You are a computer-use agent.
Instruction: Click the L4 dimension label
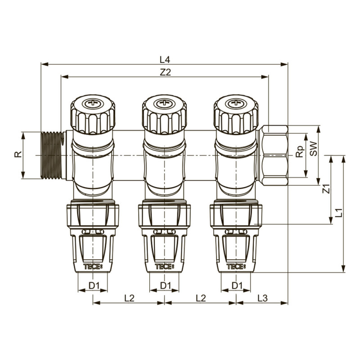[x=164, y=59]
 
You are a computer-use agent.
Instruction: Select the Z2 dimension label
[x=166, y=72]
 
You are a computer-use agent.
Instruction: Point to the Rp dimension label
[x=299, y=153]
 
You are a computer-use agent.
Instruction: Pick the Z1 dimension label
[x=327, y=189]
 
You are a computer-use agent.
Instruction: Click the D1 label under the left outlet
[x=93, y=285]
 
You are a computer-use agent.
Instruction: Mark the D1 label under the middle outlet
[x=165, y=285]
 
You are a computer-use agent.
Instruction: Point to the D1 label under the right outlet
[x=237, y=285]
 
